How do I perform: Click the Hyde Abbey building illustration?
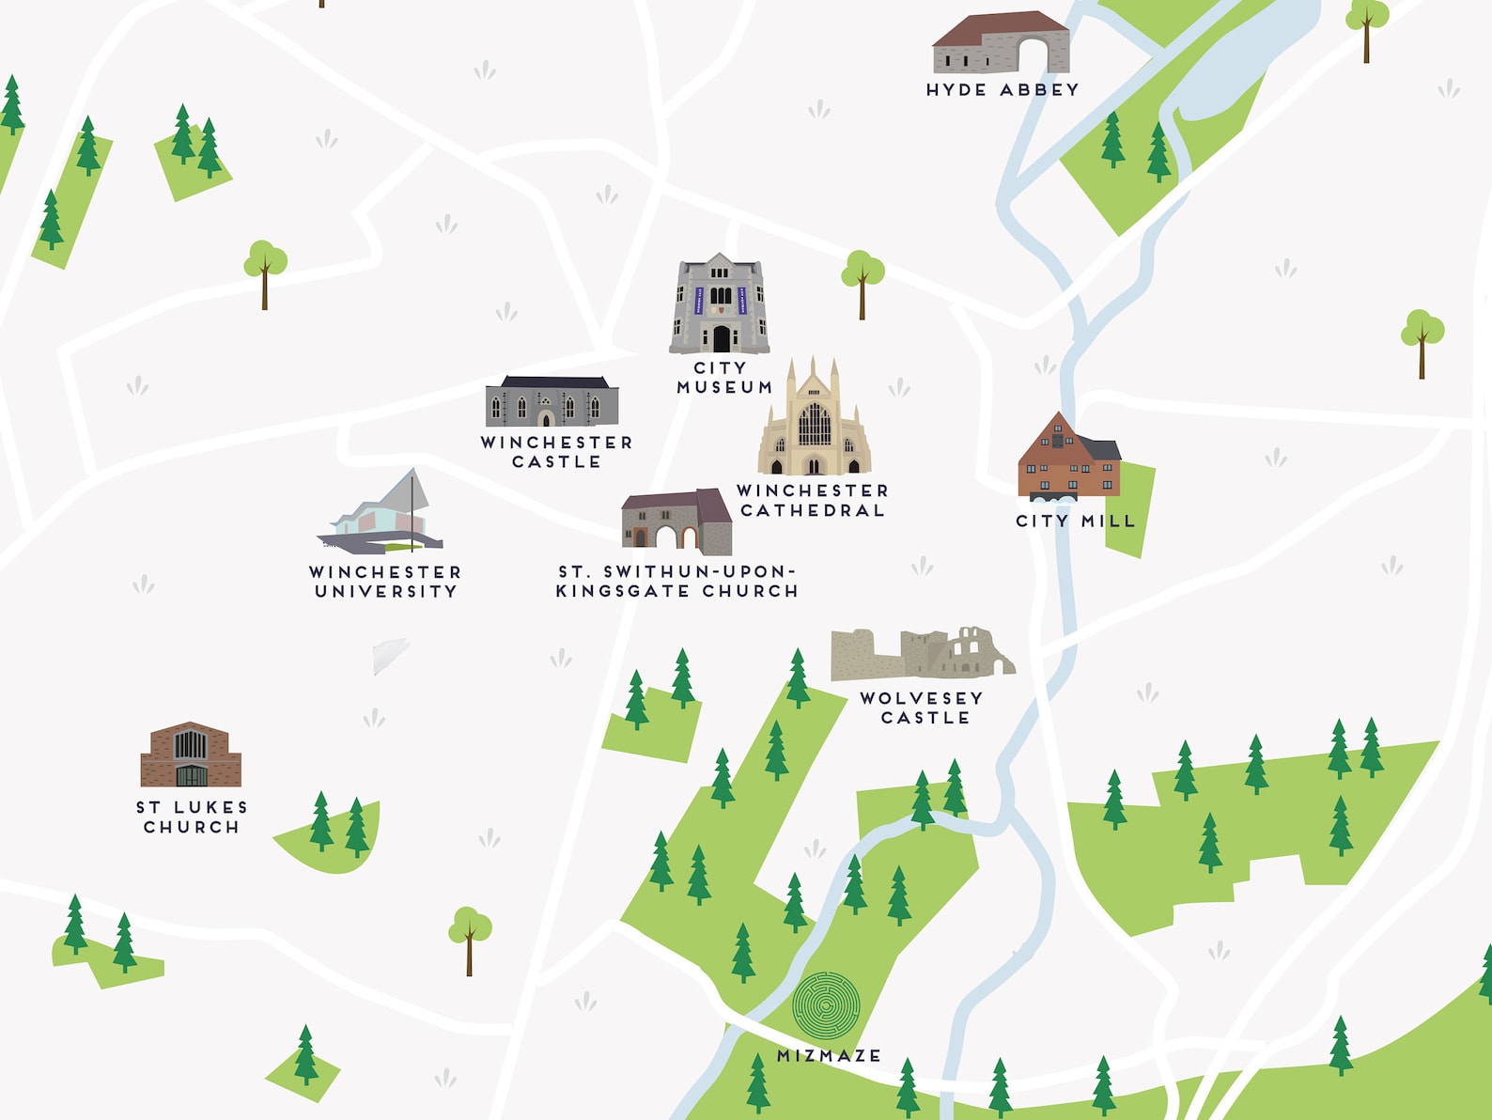1001,43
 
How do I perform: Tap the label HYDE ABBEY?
1002,90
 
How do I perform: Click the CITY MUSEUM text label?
723,378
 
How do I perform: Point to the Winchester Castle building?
552,401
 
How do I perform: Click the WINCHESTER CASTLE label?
556,452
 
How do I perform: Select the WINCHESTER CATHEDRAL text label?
813,501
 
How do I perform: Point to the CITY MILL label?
1076,521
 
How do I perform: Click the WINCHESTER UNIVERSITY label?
385,582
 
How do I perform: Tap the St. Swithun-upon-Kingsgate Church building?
676,521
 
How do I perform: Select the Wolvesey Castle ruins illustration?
921,653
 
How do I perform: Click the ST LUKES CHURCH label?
192,817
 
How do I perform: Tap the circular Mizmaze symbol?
826,1004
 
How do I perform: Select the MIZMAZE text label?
829,1056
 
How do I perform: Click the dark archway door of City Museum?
721,338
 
